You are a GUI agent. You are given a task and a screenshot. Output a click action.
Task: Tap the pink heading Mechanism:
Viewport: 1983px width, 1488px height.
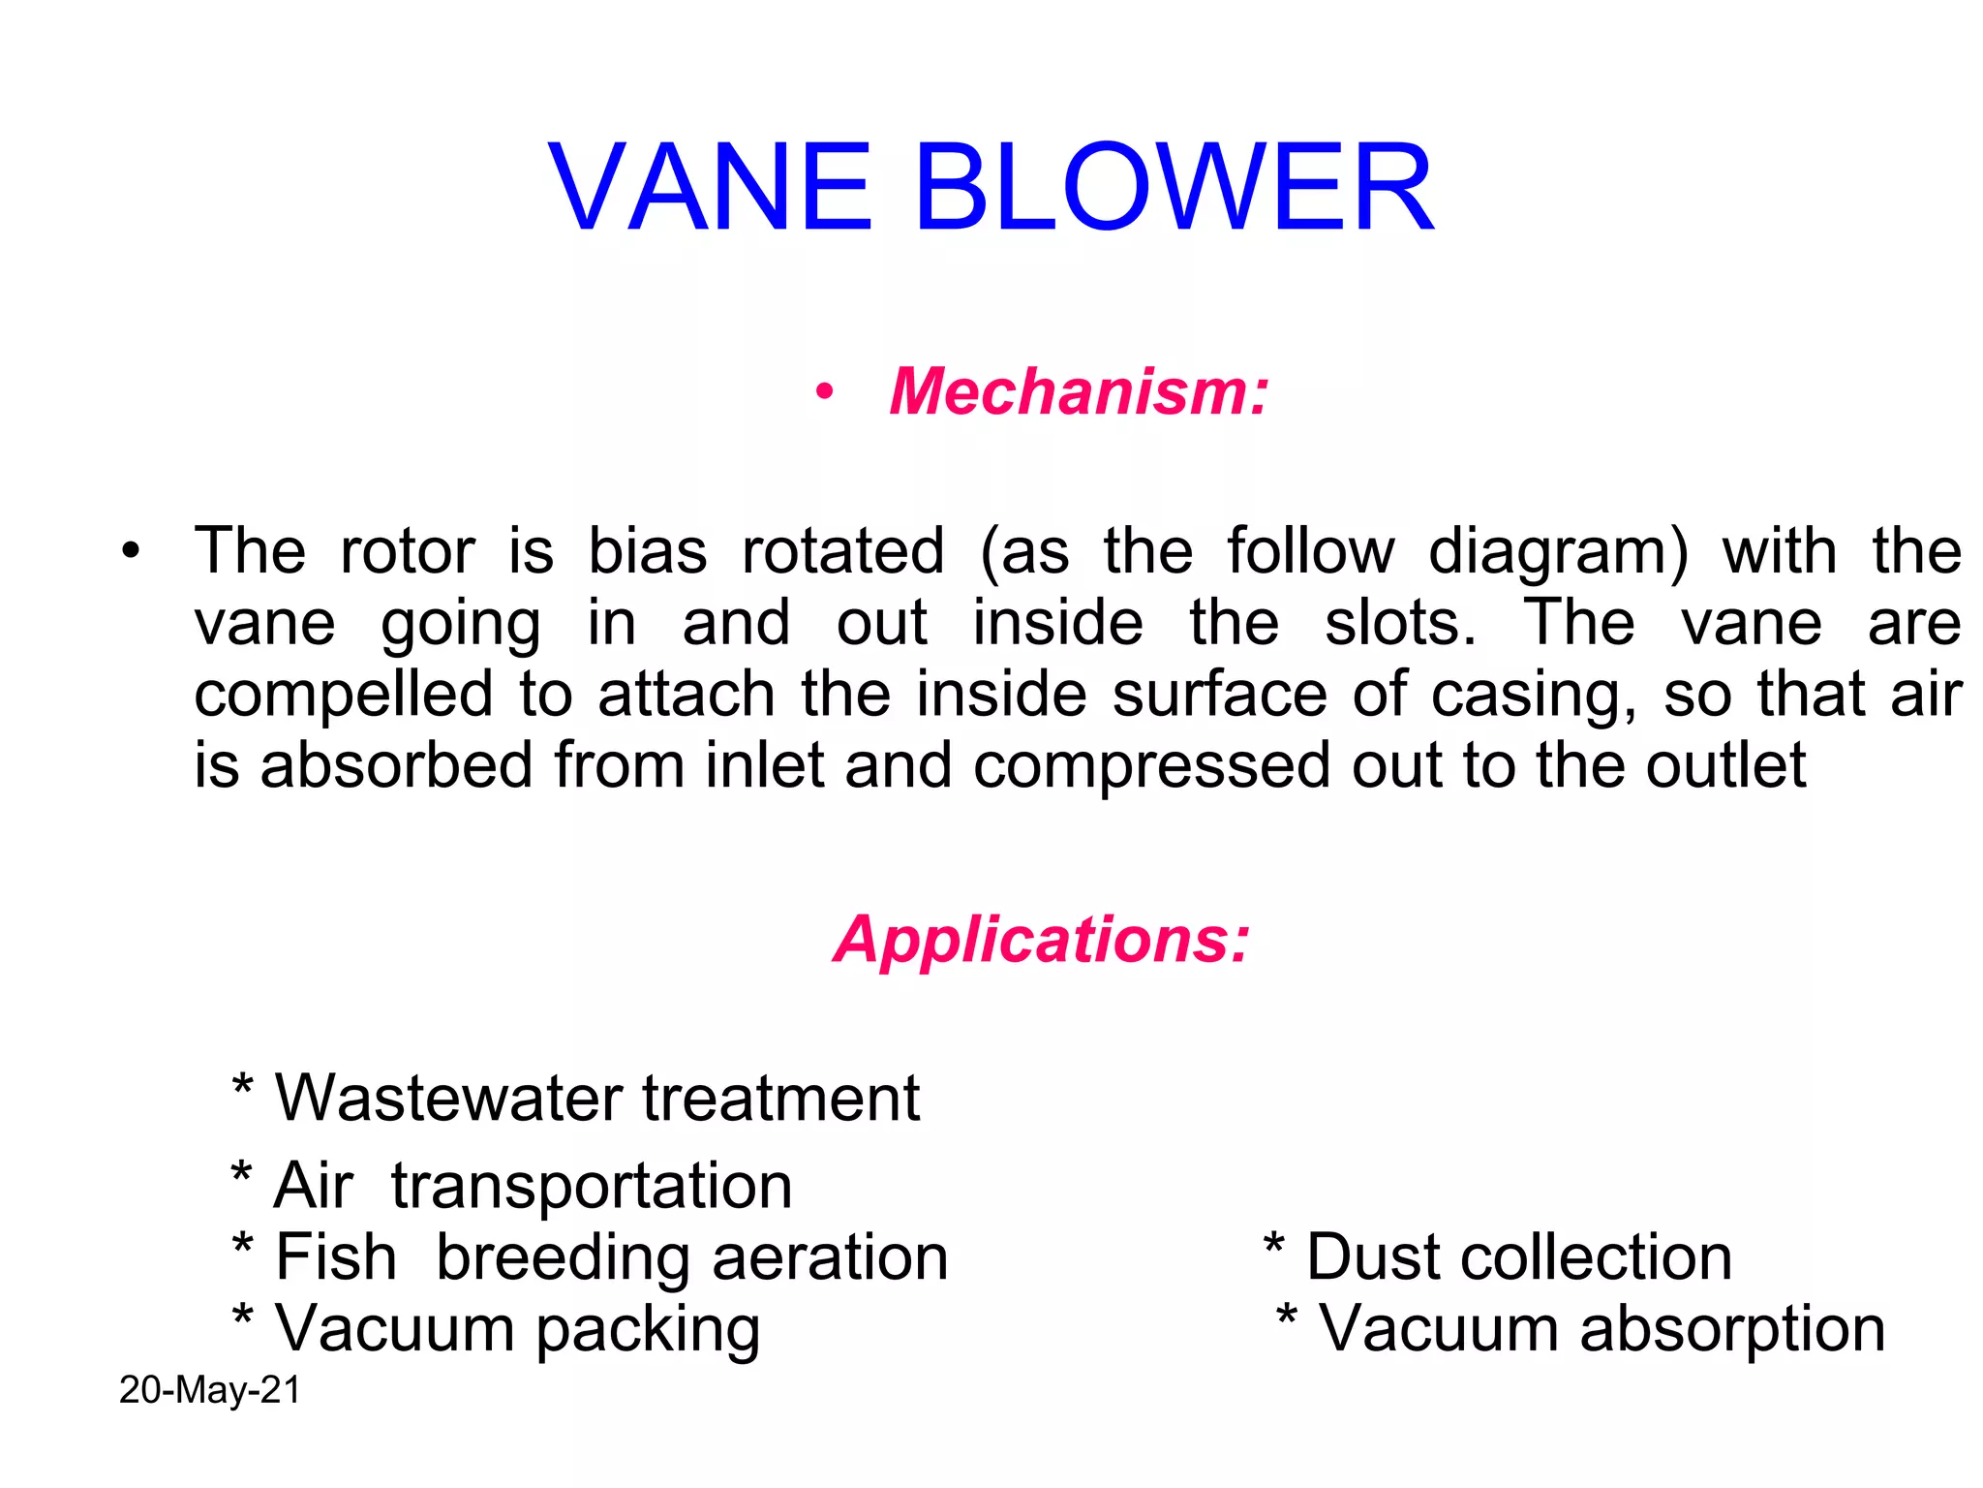pyautogui.click(x=1079, y=392)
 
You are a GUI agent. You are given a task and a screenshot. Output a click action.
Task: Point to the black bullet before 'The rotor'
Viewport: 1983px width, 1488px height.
pyautogui.click(x=131, y=552)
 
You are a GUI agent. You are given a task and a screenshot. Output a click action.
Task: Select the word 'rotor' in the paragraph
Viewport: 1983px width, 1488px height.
pyautogui.click(x=408, y=551)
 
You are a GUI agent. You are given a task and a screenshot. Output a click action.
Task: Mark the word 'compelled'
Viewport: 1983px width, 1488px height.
pyautogui.click(x=344, y=696)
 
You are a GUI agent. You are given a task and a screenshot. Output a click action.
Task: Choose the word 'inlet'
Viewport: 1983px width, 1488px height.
pyautogui.click(x=764, y=765)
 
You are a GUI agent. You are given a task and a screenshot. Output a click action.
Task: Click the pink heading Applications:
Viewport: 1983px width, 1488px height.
pyautogui.click(x=1042, y=940)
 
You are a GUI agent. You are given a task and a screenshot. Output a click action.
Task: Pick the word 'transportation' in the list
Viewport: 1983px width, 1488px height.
pyautogui.click(x=592, y=1186)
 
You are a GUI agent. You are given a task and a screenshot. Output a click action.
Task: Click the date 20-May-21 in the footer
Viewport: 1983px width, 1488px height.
pyautogui.click(x=210, y=1390)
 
